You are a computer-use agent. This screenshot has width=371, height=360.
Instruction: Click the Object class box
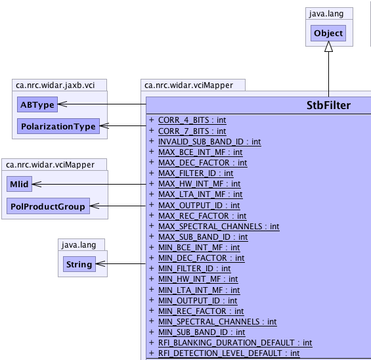(x=328, y=33)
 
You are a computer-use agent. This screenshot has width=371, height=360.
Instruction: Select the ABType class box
(x=37, y=104)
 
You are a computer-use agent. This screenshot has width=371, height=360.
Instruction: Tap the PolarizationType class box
(x=58, y=126)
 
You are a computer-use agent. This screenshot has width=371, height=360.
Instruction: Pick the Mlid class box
(x=19, y=184)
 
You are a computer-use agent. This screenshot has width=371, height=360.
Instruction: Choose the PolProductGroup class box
(x=48, y=206)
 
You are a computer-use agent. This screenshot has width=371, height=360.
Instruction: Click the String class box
(x=79, y=264)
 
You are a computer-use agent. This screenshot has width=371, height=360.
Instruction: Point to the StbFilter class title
(x=328, y=105)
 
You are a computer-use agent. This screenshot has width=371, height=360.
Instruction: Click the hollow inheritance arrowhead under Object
(x=328, y=47)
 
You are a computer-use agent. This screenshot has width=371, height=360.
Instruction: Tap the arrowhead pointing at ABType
(x=62, y=104)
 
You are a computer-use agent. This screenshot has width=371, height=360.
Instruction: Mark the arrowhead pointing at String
(x=100, y=263)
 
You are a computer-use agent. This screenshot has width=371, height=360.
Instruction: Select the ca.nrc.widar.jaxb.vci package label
(x=55, y=85)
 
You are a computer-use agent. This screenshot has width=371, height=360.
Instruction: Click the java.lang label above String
(x=79, y=245)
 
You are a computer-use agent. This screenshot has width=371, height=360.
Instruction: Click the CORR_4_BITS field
(x=192, y=120)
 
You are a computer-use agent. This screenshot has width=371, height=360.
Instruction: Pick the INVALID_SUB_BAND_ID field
(x=209, y=142)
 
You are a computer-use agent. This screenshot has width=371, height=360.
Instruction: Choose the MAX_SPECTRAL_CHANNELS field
(x=219, y=227)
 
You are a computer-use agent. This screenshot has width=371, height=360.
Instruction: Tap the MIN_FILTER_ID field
(x=194, y=269)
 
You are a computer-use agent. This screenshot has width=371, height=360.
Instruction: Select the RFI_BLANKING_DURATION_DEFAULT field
(x=235, y=343)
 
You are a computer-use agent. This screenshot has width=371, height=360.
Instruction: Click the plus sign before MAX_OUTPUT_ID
(x=152, y=204)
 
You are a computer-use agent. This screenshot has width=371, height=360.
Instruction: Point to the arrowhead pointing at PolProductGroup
(x=95, y=206)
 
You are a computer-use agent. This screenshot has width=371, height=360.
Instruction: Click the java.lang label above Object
(x=326, y=14)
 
